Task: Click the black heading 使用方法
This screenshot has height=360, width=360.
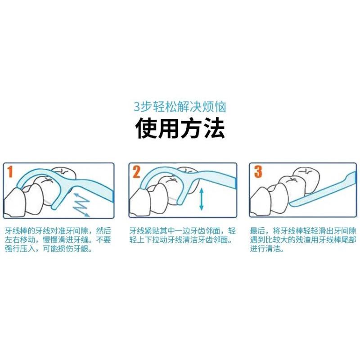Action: pyautogui.click(x=180, y=128)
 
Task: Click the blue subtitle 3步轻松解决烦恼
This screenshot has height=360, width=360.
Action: pyautogui.click(x=180, y=107)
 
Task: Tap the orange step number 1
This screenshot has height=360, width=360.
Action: pyautogui.click(x=9, y=172)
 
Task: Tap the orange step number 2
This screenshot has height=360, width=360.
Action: pyautogui.click(x=136, y=172)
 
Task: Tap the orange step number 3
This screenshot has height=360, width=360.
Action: pyautogui.click(x=258, y=172)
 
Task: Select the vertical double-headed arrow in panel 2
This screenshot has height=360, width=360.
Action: pyautogui.click(x=201, y=199)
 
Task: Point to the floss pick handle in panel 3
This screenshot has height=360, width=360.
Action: pyautogui.click(x=324, y=190)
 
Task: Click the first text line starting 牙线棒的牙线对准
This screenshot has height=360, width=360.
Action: pyautogui.click(x=58, y=231)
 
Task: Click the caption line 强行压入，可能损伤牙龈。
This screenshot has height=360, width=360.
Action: pyautogui.click(x=49, y=249)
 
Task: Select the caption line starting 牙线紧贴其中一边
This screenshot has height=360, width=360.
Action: pyautogui.click(x=183, y=231)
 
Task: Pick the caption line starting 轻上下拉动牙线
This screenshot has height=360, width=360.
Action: pyautogui.click(x=181, y=240)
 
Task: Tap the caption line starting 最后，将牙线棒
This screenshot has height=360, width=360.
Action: pyautogui.click(x=303, y=231)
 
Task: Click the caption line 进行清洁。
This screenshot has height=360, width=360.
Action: pyautogui.click(x=267, y=249)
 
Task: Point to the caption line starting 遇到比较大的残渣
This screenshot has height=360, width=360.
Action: pyautogui.click(x=303, y=240)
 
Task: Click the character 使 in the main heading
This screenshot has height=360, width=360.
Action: pyautogui.click(x=146, y=128)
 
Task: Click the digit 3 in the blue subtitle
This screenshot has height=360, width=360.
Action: pyautogui.click(x=136, y=107)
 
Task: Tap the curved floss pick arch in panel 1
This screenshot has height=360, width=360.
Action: pyautogui.click(x=39, y=173)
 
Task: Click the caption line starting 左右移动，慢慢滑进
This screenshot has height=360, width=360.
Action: pyautogui.click(x=58, y=240)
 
